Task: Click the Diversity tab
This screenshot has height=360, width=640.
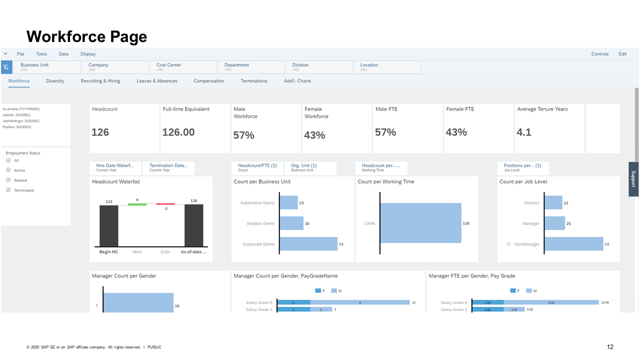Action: click(55, 81)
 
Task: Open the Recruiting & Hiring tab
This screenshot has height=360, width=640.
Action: click(100, 81)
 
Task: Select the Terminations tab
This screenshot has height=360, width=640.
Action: click(254, 81)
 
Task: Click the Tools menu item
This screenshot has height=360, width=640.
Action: click(41, 54)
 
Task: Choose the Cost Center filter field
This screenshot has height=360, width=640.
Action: click(183, 67)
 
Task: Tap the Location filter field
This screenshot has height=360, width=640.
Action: click(386, 67)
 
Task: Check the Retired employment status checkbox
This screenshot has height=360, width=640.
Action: click(8, 180)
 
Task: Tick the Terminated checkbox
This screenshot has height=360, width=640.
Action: click(8, 190)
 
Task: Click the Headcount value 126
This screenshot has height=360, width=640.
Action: click(100, 132)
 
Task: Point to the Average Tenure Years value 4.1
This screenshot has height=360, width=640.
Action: click(524, 132)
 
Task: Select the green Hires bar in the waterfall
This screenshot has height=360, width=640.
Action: click(137, 204)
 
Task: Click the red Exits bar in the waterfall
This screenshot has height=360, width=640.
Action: click(165, 204)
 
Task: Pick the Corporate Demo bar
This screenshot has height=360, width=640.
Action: click(308, 244)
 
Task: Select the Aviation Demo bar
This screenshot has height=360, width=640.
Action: click(291, 223)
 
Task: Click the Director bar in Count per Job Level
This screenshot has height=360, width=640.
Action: click(553, 202)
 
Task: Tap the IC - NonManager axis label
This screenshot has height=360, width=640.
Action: click(523, 244)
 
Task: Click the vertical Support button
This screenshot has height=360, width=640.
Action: click(633, 179)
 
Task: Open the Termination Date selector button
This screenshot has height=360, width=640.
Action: click(168, 167)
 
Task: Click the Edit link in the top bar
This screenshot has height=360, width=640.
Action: click(622, 54)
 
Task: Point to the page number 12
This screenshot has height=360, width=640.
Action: click(610, 347)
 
